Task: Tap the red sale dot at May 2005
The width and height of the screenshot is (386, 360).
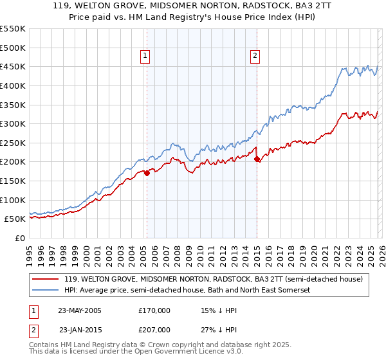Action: tap(147, 172)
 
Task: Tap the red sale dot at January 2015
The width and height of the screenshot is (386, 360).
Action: tap(257, 159)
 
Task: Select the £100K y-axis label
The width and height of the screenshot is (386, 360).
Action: tap(13, 200)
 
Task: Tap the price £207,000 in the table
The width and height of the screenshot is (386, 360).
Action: tap(154, 330)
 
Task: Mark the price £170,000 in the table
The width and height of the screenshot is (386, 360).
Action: tap(154, 310)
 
